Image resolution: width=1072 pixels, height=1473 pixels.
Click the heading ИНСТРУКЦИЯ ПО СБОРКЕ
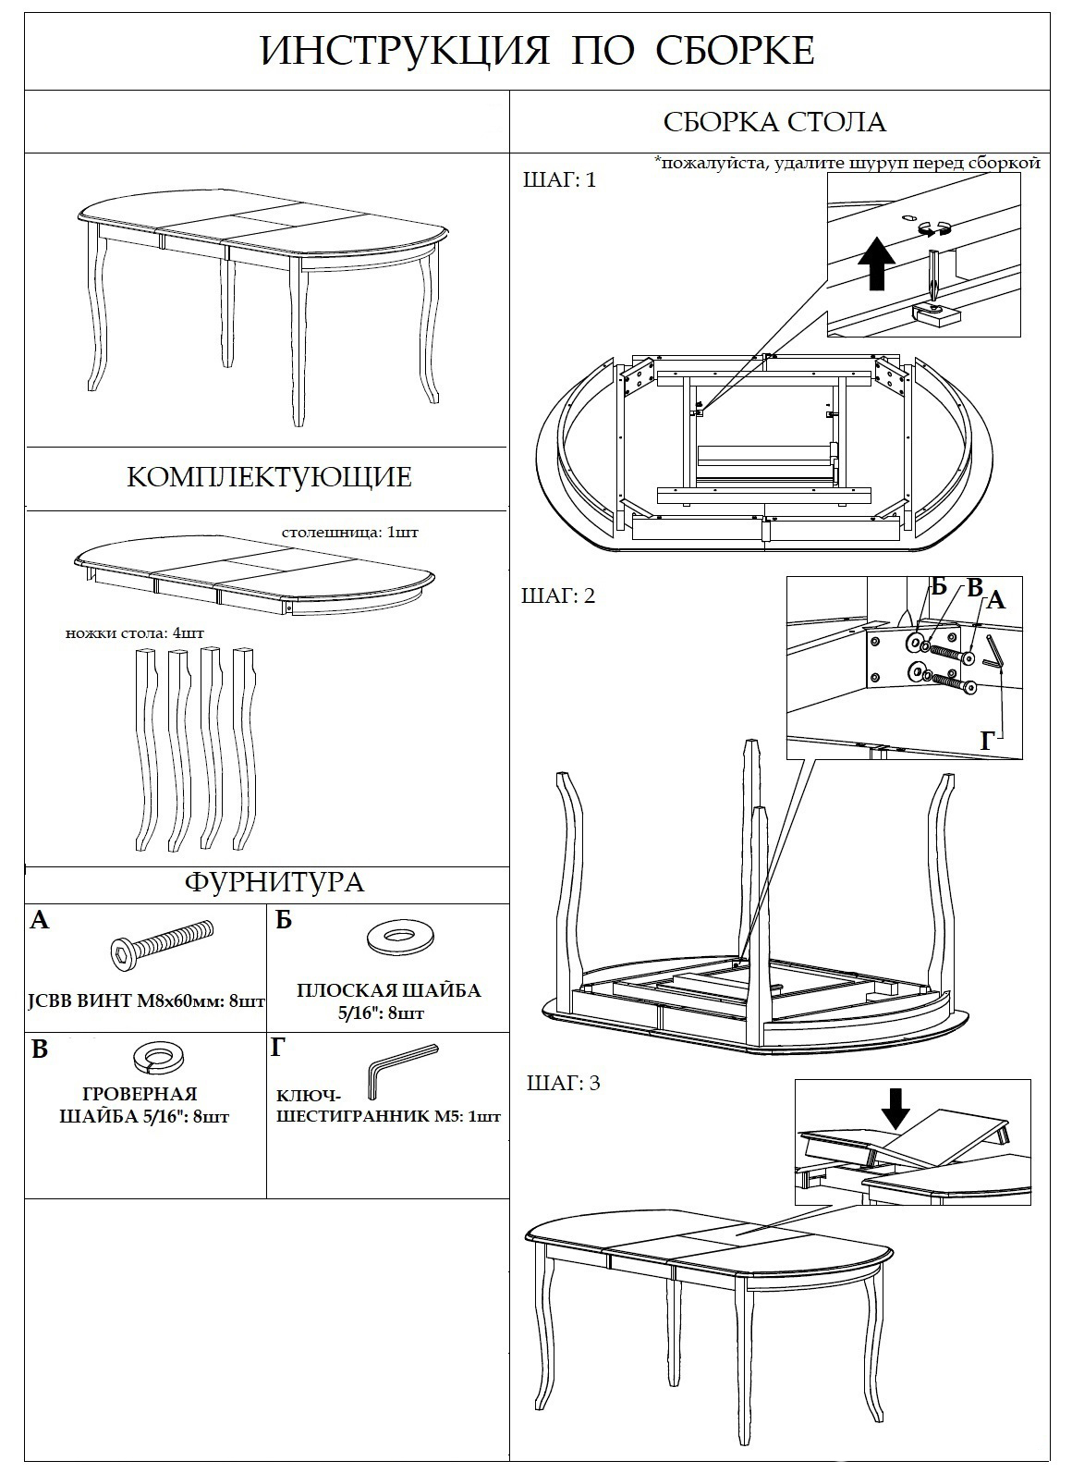(x=537, y=51)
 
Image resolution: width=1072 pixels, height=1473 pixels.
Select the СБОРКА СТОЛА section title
(x=774, y=122)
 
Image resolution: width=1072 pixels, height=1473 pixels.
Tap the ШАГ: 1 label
(x=560, y=179)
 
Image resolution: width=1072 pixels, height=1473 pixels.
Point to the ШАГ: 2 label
(x=559, y=595)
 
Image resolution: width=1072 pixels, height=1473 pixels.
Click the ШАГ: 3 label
(x=564, y=1083)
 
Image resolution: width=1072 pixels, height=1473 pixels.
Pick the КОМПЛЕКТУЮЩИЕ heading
(x=268, y=477)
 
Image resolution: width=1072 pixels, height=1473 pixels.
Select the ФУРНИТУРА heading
(x=274, y=881)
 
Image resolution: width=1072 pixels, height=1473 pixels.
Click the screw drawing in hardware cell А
(x=158, y=945)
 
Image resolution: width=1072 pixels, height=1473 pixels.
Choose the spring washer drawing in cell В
(x=160, y=1054)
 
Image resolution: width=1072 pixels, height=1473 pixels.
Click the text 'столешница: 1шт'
(x=344, y=533)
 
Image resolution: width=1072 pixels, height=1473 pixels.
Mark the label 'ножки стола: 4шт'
(x=135, y=633)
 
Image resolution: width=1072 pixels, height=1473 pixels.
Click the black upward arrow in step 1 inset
(x=876, y=263)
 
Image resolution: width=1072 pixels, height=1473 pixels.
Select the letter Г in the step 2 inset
(x=988, y=740)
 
